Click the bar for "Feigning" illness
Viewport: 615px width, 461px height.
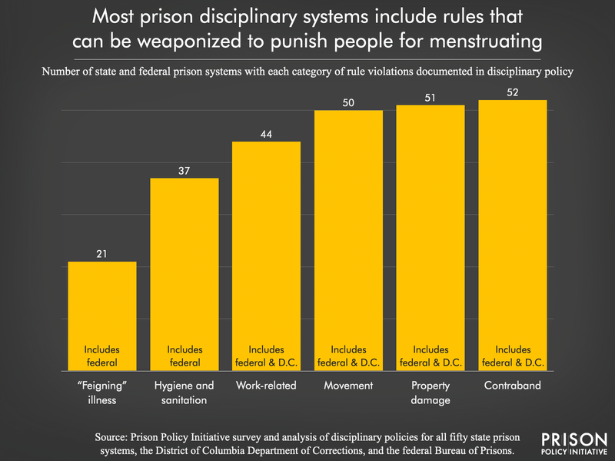(102, 308)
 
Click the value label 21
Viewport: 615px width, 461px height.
(102, 253)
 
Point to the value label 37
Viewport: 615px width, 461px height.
(184, 170)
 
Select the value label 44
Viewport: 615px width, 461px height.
(267, 133)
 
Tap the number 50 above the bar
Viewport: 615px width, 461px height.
(348, 102)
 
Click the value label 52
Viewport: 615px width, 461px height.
(513, 92)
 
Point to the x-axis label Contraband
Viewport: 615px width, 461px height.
(513, 385)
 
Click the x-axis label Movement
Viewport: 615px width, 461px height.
(348, 385)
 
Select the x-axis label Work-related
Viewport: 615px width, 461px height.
(267, 385)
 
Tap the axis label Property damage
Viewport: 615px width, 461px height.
(430, 392)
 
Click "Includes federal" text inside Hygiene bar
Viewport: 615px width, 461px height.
(184, 356)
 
